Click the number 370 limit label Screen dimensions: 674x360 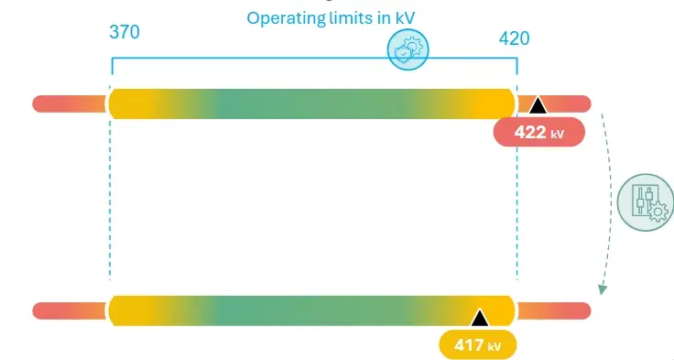(x=125, y=32)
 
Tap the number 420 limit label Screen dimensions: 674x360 (x=514, y=38)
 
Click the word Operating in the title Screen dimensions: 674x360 (x=286, y=18)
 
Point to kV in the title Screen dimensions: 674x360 (x=406, y=18)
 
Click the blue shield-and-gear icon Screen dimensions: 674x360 (x=408, y=49)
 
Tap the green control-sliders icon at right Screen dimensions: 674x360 (x=646, y=202)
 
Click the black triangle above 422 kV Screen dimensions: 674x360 (x=538, y=105)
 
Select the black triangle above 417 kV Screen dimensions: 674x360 (x=480, y=318)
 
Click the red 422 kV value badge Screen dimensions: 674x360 (x=539, y=132)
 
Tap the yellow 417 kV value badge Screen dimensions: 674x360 (x=477, y=344)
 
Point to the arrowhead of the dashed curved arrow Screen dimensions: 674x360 (x=603, y=289)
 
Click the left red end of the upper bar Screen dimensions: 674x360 (x=70, y=104)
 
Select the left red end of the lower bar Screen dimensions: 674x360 (x=70, y=311)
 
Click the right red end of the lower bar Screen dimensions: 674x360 (x=554, y=311)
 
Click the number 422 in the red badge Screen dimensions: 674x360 (x=530, y=132)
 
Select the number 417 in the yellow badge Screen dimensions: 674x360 (x=469, y=344)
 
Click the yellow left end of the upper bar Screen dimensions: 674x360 (x=134, y=104)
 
